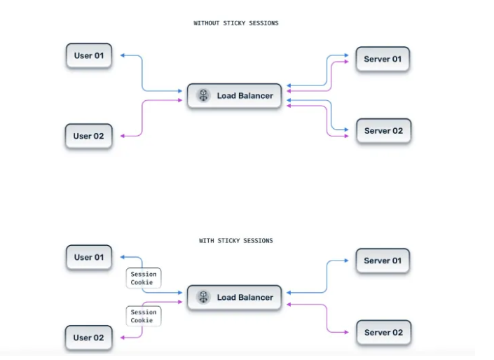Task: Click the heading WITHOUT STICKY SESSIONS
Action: [235, 23]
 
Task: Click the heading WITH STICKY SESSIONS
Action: [235, 241]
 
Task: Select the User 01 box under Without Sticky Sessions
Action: [89, 55]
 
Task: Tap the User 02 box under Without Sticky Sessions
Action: [89, 136]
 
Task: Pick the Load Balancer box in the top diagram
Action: [234, 96]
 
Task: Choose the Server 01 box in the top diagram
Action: [383, 59]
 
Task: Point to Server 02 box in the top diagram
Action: [383, 131]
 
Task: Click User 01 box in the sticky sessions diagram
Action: [89, 257]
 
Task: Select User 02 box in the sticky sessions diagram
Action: [89, 338]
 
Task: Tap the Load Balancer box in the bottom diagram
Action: [234, 298]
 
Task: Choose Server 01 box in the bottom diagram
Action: [383, 261]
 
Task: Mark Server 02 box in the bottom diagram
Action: [383, 332]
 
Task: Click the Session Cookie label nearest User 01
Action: [143, 278]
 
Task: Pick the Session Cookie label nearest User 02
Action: [143, 317]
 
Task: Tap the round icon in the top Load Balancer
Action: [203, 96]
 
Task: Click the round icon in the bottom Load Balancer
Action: [203, 298]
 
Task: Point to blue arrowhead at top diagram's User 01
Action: [123, 55]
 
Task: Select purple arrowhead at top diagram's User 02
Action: [123, 135]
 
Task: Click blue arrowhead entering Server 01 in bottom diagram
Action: [346, 261]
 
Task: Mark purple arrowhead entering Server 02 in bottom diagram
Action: [346, 332]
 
